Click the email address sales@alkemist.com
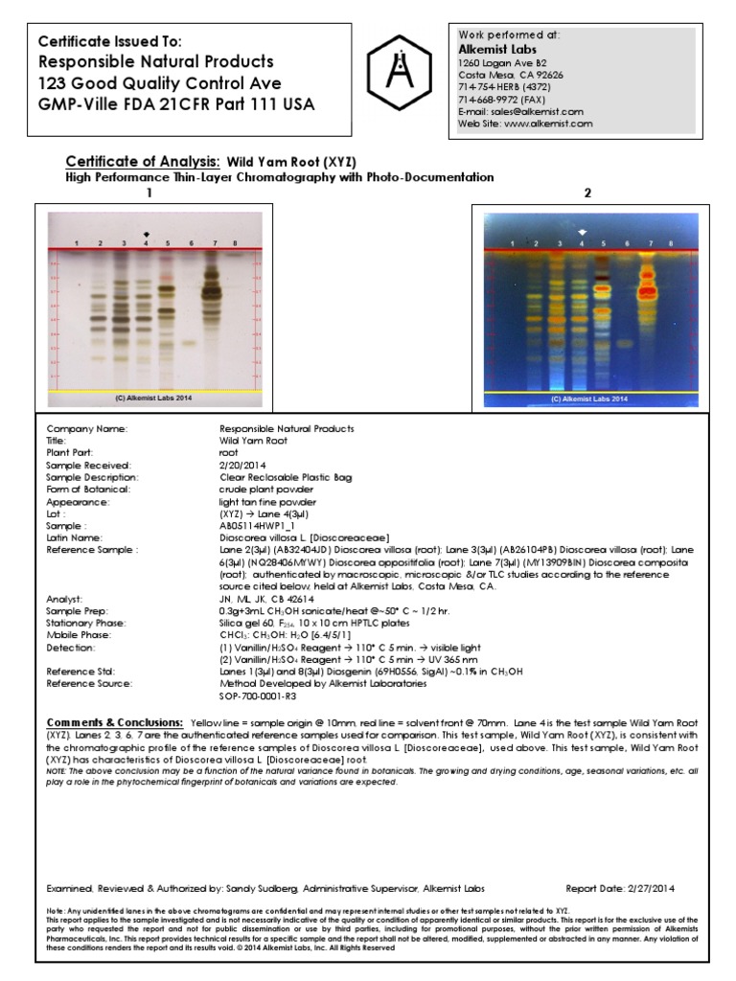click(x=540, y=111)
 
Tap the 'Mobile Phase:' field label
click(x=80, y=636)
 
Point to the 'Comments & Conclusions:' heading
click(x=115, y=720)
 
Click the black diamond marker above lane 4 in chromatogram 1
click(x=146, y=233)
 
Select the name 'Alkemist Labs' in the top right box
click(x=497, y=49)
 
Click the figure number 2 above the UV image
click(x=587, y=194)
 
